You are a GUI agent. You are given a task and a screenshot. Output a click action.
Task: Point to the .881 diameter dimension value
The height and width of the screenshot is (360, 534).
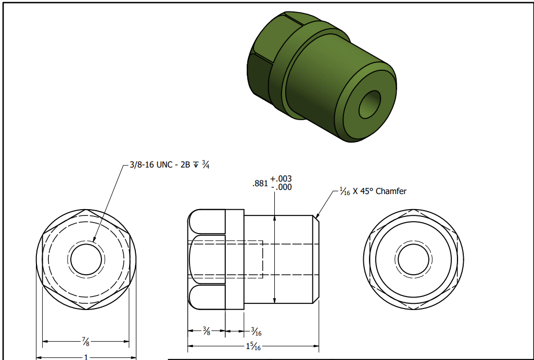[260, 183]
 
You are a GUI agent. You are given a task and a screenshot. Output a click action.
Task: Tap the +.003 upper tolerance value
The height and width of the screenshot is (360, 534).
[281, 179]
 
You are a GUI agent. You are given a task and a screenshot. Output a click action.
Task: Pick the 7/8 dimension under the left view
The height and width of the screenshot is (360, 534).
[85, 341]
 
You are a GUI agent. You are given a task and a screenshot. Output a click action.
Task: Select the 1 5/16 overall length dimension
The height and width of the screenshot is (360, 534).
[253, 346]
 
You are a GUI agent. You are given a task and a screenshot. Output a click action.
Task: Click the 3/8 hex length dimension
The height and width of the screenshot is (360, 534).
[206, 330]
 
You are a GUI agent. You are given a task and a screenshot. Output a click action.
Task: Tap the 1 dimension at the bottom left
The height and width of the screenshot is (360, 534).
[86, 357]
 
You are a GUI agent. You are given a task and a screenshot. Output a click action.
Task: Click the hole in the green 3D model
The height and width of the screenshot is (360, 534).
[370, 104]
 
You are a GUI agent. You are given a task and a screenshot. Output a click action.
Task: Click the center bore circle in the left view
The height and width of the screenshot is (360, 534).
[85, 259]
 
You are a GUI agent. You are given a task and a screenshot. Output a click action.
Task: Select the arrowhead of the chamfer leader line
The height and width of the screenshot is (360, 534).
[317, 216]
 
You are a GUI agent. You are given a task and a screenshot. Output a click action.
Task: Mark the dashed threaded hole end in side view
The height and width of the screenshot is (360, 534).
[263, 259]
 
